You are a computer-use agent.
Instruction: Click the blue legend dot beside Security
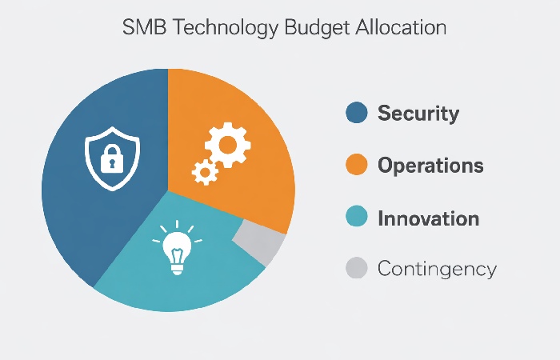click(x=356, y=113)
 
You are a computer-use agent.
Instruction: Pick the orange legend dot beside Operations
click(x=356, y=166)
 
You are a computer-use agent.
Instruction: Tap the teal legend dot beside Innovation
click(x=356, y=218)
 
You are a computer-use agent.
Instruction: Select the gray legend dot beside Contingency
click(x=356, y=269)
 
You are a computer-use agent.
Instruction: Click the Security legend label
click(x=418, y=113)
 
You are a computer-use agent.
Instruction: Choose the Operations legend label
click(x=430, y=166)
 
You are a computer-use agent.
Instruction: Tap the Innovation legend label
click(x=428, y=218)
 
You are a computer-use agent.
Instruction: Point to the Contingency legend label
click(x=437, y=269)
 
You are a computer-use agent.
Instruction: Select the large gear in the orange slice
click(x=226, y=145)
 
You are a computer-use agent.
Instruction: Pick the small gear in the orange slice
click(x=205, y=170)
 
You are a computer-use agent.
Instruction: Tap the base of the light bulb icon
click(x=176, y=267)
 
